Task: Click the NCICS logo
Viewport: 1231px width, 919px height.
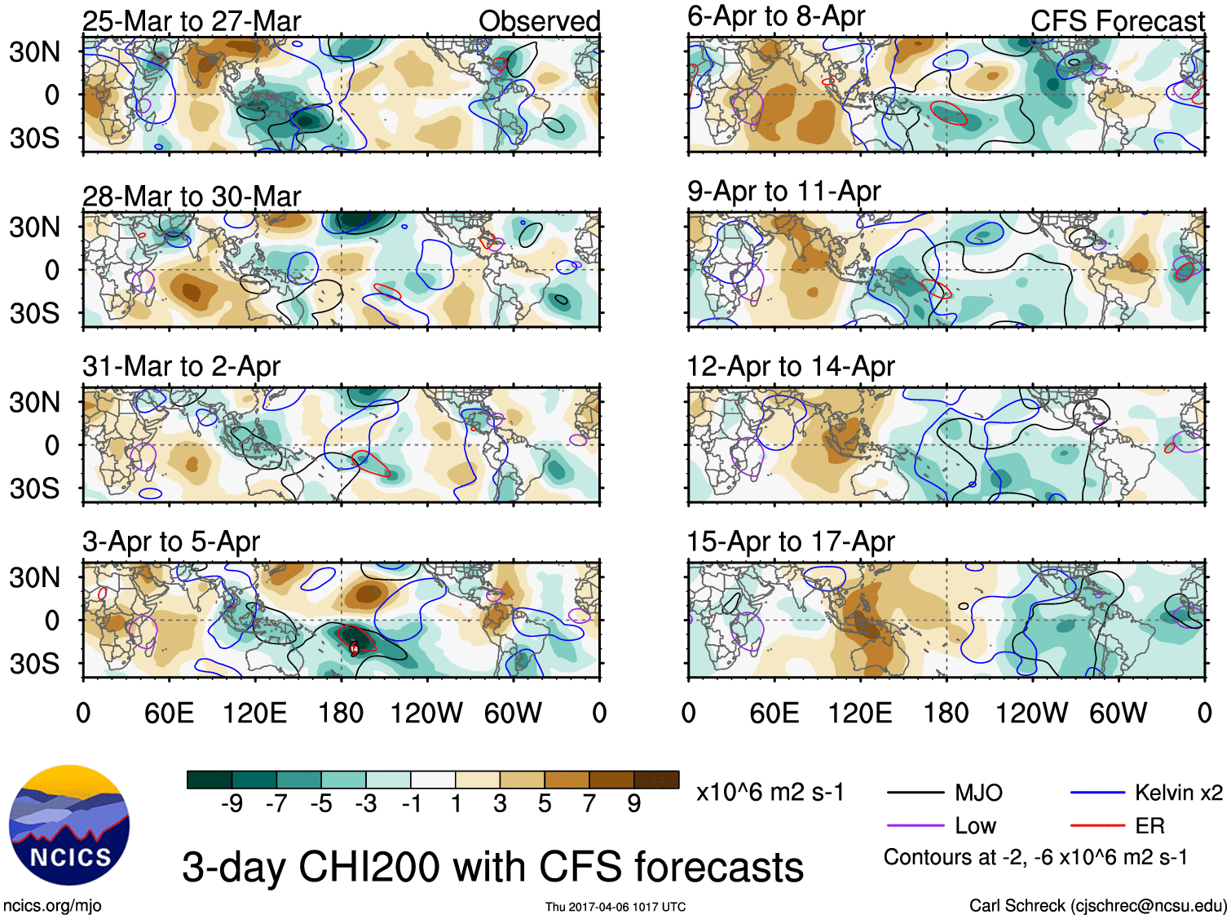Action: pos(69,824)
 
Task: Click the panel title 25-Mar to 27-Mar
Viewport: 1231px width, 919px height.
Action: pos(192,21)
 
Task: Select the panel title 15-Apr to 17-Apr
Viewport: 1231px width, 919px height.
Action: pos(791,541)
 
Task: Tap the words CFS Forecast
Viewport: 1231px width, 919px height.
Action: pos(1117,21)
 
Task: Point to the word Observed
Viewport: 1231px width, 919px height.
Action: pos(539,21)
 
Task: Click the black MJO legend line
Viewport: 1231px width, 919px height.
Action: pos(916,793)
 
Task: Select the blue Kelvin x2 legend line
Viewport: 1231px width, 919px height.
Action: pos(1097,793)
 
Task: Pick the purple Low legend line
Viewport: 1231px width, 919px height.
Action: pos(916,826)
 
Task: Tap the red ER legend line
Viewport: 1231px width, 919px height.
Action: pos(1097,826)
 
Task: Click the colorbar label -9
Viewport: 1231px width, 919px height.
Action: pos(232,804)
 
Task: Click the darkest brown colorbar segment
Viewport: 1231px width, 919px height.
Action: pos(656,780)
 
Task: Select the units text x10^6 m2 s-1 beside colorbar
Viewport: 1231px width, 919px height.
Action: pos(770,793)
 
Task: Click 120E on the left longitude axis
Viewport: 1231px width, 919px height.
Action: pos(255,714)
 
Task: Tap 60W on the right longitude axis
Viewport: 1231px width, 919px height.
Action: pos(1118,714)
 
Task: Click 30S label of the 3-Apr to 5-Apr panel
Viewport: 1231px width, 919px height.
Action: pos(34,664)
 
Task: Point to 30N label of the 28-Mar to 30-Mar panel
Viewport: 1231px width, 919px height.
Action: pos(34,227)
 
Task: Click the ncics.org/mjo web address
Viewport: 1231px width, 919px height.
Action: pos(52,905)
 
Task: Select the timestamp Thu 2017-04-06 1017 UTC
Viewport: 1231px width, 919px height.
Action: pos(615,907)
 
